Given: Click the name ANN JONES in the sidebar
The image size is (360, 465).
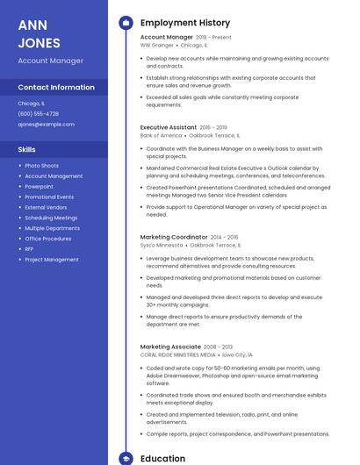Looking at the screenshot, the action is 40,33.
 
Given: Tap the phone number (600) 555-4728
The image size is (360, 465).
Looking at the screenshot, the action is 39,113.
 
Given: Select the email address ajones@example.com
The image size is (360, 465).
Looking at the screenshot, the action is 46,125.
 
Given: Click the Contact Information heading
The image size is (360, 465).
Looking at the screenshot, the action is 56,88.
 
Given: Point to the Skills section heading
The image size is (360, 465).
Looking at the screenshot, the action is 26,150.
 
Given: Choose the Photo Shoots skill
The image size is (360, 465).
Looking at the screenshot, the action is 41,166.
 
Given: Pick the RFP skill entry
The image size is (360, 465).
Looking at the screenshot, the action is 30,249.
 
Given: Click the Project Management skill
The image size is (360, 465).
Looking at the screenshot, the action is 52,260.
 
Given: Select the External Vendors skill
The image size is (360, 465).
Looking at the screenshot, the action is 47,207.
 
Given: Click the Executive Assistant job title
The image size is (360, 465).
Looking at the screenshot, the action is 169,127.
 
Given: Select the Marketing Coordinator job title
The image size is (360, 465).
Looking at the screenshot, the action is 174,237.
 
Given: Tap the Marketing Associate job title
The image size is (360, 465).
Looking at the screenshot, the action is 170,347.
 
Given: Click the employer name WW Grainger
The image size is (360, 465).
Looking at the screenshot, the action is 157,46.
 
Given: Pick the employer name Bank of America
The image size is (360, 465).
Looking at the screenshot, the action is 161,136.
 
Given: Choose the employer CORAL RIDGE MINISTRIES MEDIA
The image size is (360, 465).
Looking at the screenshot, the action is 177,355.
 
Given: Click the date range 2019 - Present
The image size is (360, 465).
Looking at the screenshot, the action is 213,38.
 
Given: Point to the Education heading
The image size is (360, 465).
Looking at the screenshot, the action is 162,458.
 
